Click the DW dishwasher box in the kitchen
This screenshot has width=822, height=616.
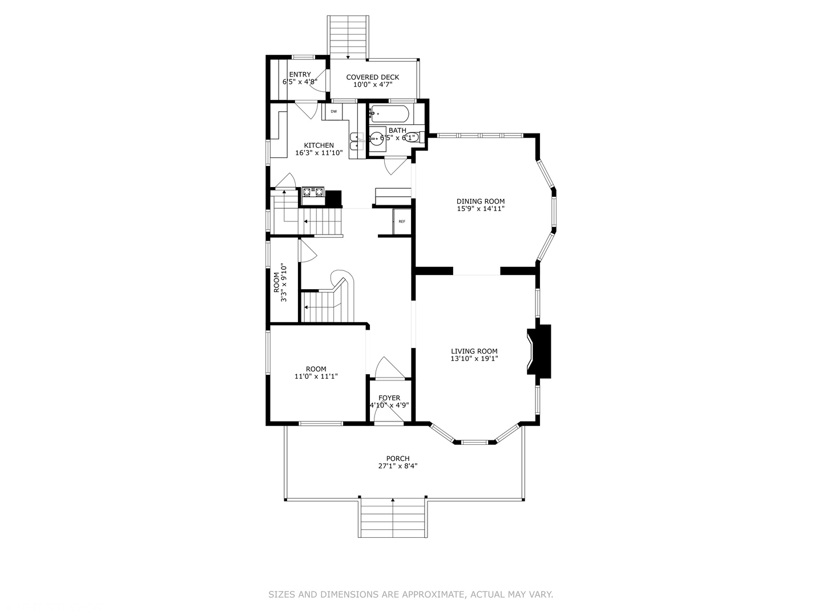tap(333, 111)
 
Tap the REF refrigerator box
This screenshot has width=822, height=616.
tap(402, 221)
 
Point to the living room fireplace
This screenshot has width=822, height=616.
tap(539, 351)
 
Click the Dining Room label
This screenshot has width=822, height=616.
tap(480, 201)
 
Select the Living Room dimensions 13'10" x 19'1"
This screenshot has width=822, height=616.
tap(474, 359)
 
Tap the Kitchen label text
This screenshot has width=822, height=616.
tap(319, 145)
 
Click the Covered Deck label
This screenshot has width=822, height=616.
tap(372, 77)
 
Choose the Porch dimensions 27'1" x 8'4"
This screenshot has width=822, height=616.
tap(397, 466)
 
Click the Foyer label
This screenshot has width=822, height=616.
tap(389, 398)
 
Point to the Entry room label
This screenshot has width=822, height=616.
tap(300, 75)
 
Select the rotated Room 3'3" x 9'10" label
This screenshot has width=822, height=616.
tap(280, 282)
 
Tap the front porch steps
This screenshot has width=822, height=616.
tap(393, 517)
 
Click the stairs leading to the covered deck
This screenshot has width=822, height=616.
tap(348, 37)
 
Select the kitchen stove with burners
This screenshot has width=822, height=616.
tap(313, 192)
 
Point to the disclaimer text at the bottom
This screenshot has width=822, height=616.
tap(410, 594)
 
